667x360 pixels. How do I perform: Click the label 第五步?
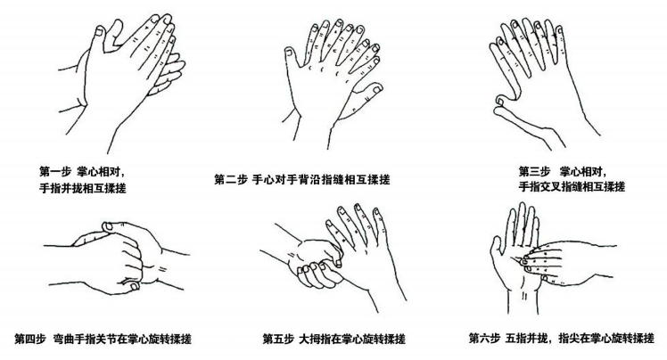279,339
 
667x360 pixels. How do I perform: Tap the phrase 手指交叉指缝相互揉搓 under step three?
572,187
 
